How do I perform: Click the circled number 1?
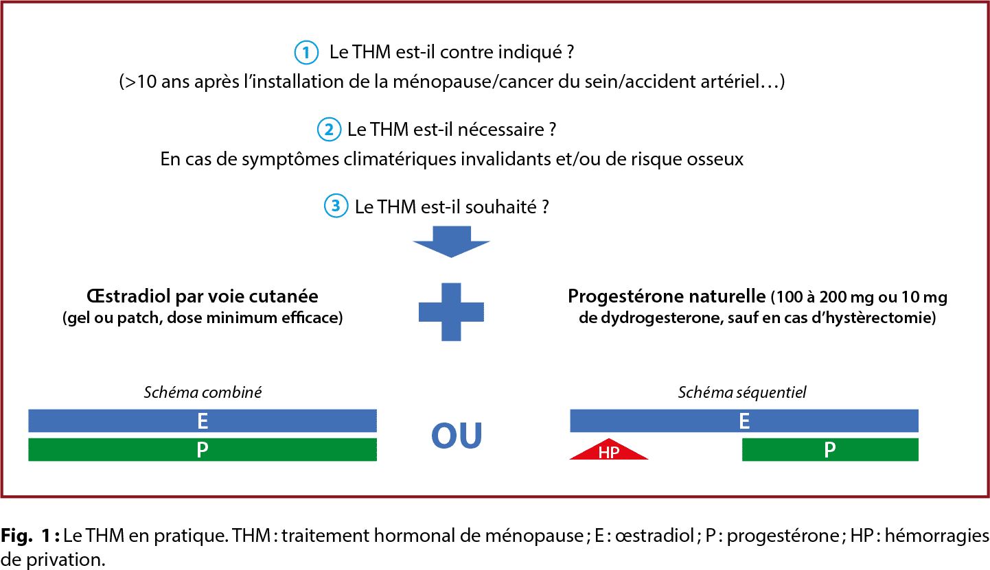pyautogui.click(x=306, y=53)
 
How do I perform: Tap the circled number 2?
pyautogui.click(x=329, y=130)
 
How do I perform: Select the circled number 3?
pyautogui.click(x=336, y=206)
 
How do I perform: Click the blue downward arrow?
pyautogui.click(x=451, y=241)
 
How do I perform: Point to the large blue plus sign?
pyautogui.click(x=451, y=311)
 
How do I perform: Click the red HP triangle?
pyautogui.click(x=608, y=449)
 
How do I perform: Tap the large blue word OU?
pyautogui.click(x=457, y=436)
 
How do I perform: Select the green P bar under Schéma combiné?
pyautogui.click(x=203, y=449)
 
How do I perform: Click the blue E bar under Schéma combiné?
pyautogui.click(x=203, y=420)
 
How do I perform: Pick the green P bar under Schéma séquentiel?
pyautogui.click(x=830, y=449)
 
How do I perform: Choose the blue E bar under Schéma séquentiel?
pyautogui.click(x=744, y=420)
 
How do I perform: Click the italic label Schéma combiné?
pyautogui.click(x=203, y=392)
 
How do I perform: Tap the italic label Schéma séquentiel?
pyautogui.click(x=742, y=392)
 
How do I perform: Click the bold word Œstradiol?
pyautogui.click(x=128, y=296)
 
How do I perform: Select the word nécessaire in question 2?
pyautogui.click(x=500, y=130)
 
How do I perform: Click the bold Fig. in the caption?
pyautogui.click(x=16, y=536)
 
